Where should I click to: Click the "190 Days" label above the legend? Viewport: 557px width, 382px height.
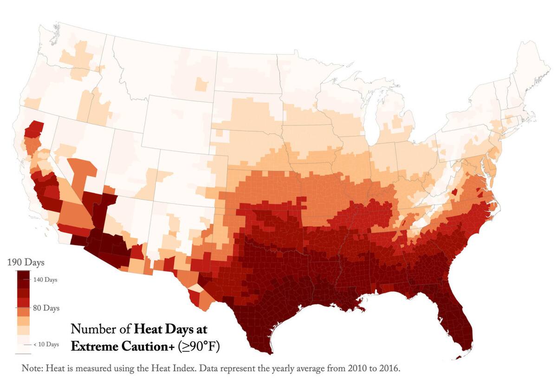pyautogui.click(x=26, y=263)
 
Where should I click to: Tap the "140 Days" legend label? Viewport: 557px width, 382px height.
pyautogui.click(x=45, y=280)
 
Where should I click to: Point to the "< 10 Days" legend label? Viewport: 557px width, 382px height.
pyautogui.click(x=46, y=344)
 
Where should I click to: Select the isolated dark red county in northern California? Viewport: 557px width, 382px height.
pyautogui.click(x=34, y=130)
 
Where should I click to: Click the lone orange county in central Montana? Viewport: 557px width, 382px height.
pyautogui.click(x=201, y=85)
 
